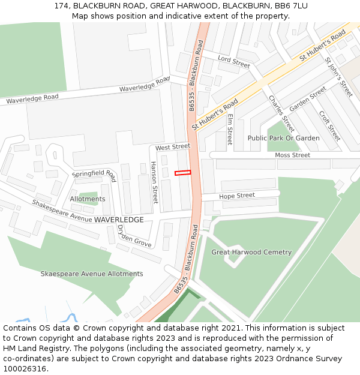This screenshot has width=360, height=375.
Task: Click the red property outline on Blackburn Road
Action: [182, 173]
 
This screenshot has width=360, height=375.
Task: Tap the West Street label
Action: [172, 147]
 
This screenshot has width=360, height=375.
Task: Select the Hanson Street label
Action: [155, 182]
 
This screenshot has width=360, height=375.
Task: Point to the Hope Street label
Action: [237, 196]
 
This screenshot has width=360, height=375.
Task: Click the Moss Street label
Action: [292, 155]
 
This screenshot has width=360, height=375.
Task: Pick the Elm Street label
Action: [230, 129]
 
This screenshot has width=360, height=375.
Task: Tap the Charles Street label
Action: [281, 114]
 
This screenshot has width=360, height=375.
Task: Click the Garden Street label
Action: [308, 98]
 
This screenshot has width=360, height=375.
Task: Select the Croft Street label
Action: [330, 125]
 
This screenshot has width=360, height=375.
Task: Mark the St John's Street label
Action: [339, 77]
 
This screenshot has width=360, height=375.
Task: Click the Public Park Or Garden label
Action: [284, 138]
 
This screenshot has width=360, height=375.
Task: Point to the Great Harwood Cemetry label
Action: [251, 252]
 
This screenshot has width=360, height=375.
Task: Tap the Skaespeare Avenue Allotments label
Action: [92, 274]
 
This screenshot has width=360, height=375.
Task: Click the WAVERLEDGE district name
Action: [119, 220]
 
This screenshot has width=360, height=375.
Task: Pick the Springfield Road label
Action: [94, 175]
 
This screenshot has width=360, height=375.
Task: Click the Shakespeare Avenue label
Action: [62, 212]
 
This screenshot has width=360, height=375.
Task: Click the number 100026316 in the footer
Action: [25, 368]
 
